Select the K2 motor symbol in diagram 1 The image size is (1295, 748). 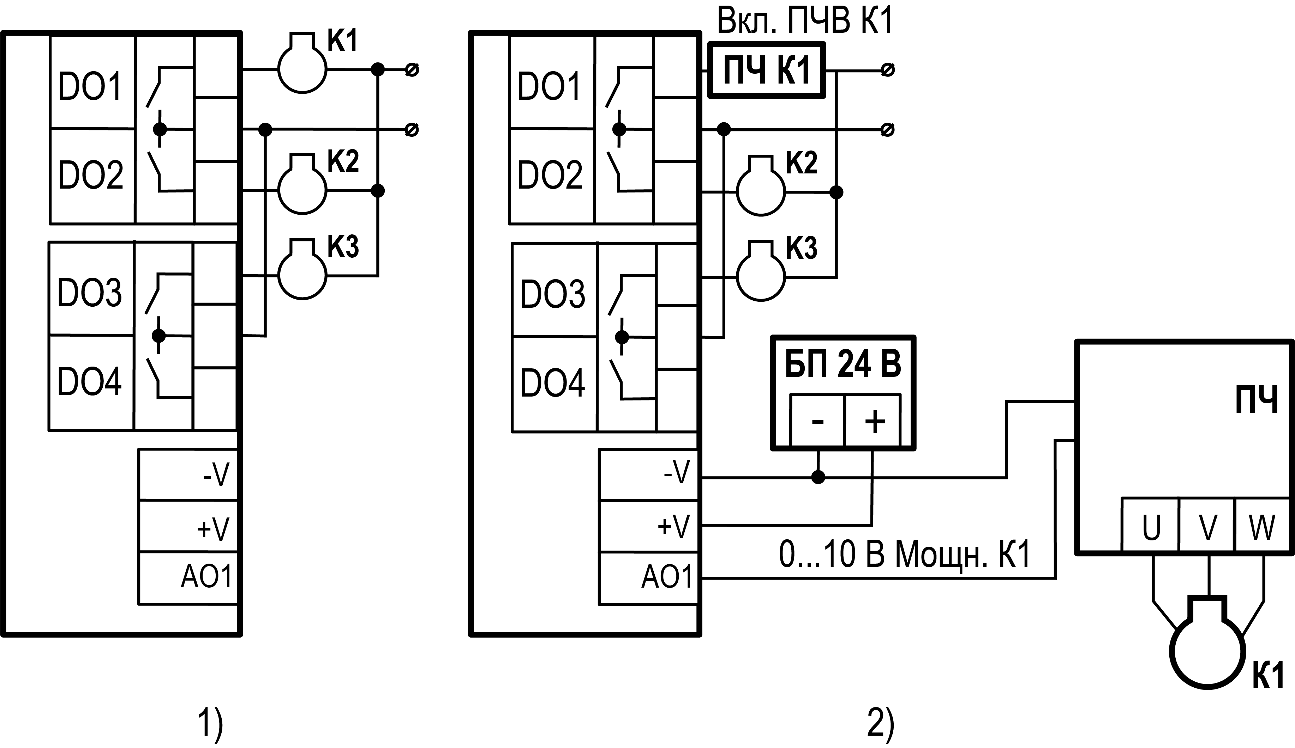[x=302, y=190]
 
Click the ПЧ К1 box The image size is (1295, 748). [x=767, y=70]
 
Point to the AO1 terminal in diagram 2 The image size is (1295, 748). [x=667, y=577]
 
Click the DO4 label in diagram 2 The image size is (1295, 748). [x=552, y=382]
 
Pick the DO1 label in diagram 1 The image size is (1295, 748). [x=90, y=86]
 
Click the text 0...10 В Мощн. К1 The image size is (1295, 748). [x=904, y=554]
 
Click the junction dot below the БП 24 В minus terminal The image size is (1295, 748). [x=818, y=477]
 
